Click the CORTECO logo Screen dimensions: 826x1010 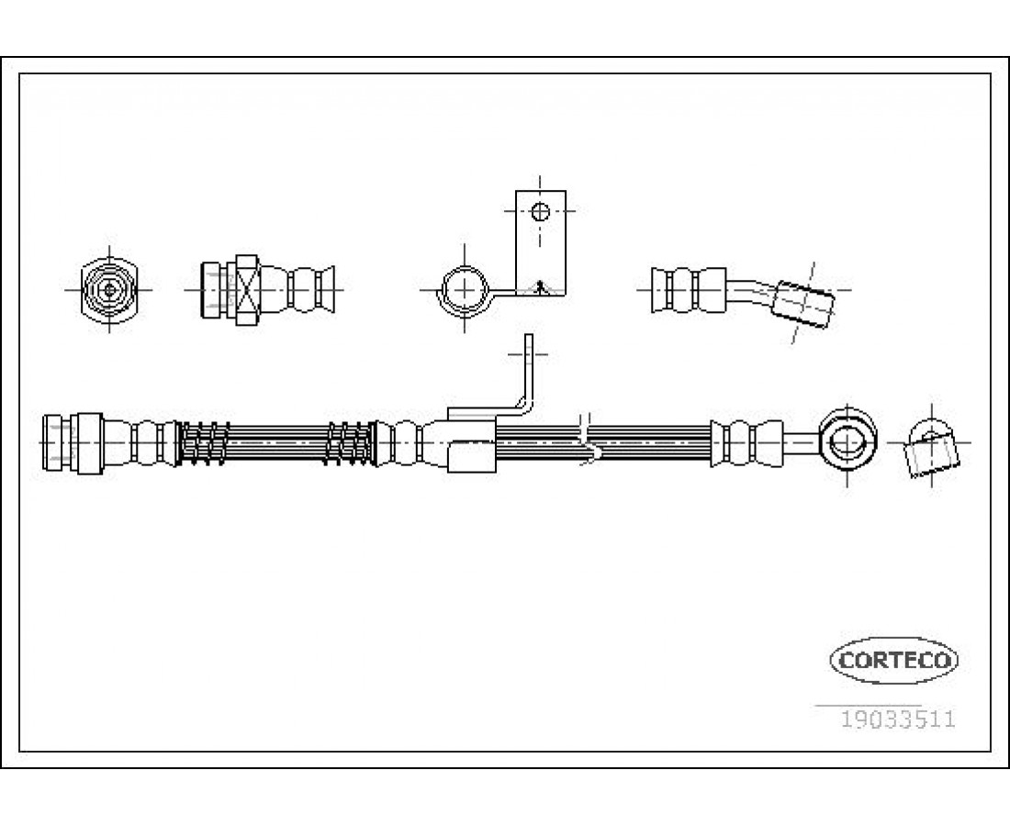tap(894, 659)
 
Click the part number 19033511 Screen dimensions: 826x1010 tap(898, 719)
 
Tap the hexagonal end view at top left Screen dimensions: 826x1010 tap(110, 288)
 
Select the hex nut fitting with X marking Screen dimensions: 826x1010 tap(247, 288)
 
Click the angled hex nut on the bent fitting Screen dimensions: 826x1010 tap(802, 302)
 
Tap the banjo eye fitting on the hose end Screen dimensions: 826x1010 tap(846, 443)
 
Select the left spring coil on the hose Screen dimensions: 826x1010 tap(202, 442)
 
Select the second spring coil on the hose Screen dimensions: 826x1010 tap(350, 442)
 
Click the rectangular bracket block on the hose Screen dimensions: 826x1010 tap(471, 455)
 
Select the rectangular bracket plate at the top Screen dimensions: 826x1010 tap(541, 240)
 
